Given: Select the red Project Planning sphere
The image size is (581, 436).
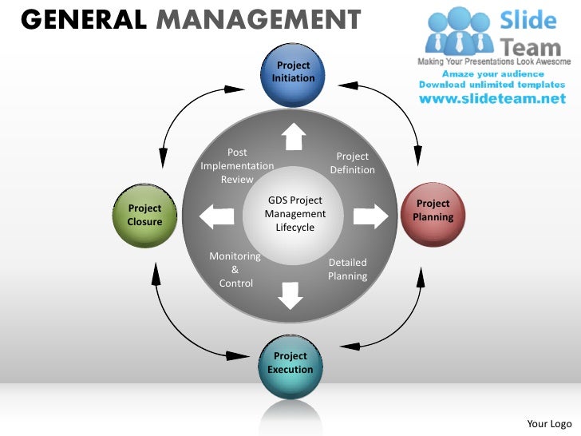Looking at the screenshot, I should point(433,211).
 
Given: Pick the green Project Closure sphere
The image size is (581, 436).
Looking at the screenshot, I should point(145,215).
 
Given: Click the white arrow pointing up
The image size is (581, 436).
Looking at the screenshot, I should point(293,137).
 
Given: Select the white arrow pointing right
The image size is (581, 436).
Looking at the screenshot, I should point(370,216).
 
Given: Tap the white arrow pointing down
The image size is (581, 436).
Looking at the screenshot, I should point(290,295).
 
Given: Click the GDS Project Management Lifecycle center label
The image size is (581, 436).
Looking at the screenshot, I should point(295,214).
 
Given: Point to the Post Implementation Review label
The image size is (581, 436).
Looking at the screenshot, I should point(237,166).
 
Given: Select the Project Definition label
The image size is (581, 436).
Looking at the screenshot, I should point(352,163).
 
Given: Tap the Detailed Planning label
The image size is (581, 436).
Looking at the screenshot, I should point(347,269).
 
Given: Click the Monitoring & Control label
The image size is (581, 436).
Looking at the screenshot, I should point(235,270).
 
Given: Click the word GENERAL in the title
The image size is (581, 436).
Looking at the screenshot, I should point(83,18).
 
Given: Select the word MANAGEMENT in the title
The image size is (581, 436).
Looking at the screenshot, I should point(256,18).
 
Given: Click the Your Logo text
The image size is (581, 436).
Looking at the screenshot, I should point(550,423).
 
